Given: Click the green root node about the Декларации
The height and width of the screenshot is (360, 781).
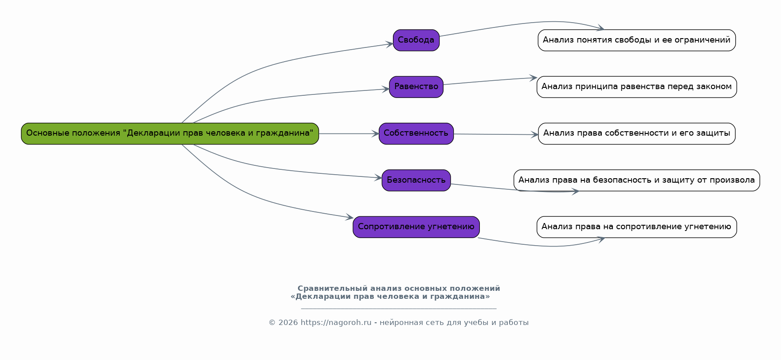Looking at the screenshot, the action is (x=170, y=133).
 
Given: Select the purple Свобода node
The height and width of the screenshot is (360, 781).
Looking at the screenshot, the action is (x=416, y=40).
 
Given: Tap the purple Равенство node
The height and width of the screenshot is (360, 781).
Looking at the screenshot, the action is (x=416, y=87).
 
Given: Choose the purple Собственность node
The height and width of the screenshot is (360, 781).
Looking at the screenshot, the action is (x=416, y=133).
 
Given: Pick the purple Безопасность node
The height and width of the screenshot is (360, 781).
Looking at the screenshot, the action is (x=416, y=180).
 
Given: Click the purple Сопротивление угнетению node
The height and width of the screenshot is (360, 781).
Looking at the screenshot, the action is (x=416, y=227).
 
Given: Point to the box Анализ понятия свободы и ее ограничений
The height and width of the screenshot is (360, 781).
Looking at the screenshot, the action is (x=636, y=40).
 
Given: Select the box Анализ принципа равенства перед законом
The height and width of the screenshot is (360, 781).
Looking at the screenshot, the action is (x=636, y=87).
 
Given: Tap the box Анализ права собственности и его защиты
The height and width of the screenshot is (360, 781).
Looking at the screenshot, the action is (x=636, y=133).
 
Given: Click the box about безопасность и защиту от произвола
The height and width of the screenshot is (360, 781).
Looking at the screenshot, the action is (x=636, y=180).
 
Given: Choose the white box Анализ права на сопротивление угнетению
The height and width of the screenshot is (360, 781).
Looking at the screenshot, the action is (x=636, y=227).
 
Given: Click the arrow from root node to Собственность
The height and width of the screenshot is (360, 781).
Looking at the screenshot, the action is (x=349, y=133).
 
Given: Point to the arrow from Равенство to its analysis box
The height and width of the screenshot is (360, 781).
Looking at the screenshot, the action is (x=490, y=81).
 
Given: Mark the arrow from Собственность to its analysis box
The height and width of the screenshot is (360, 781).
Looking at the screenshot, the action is (x=496, y=134).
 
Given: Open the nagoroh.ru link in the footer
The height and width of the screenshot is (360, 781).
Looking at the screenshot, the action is (x=336, y=323).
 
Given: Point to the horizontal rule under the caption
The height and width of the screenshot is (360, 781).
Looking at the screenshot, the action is (x=399, y=309).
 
